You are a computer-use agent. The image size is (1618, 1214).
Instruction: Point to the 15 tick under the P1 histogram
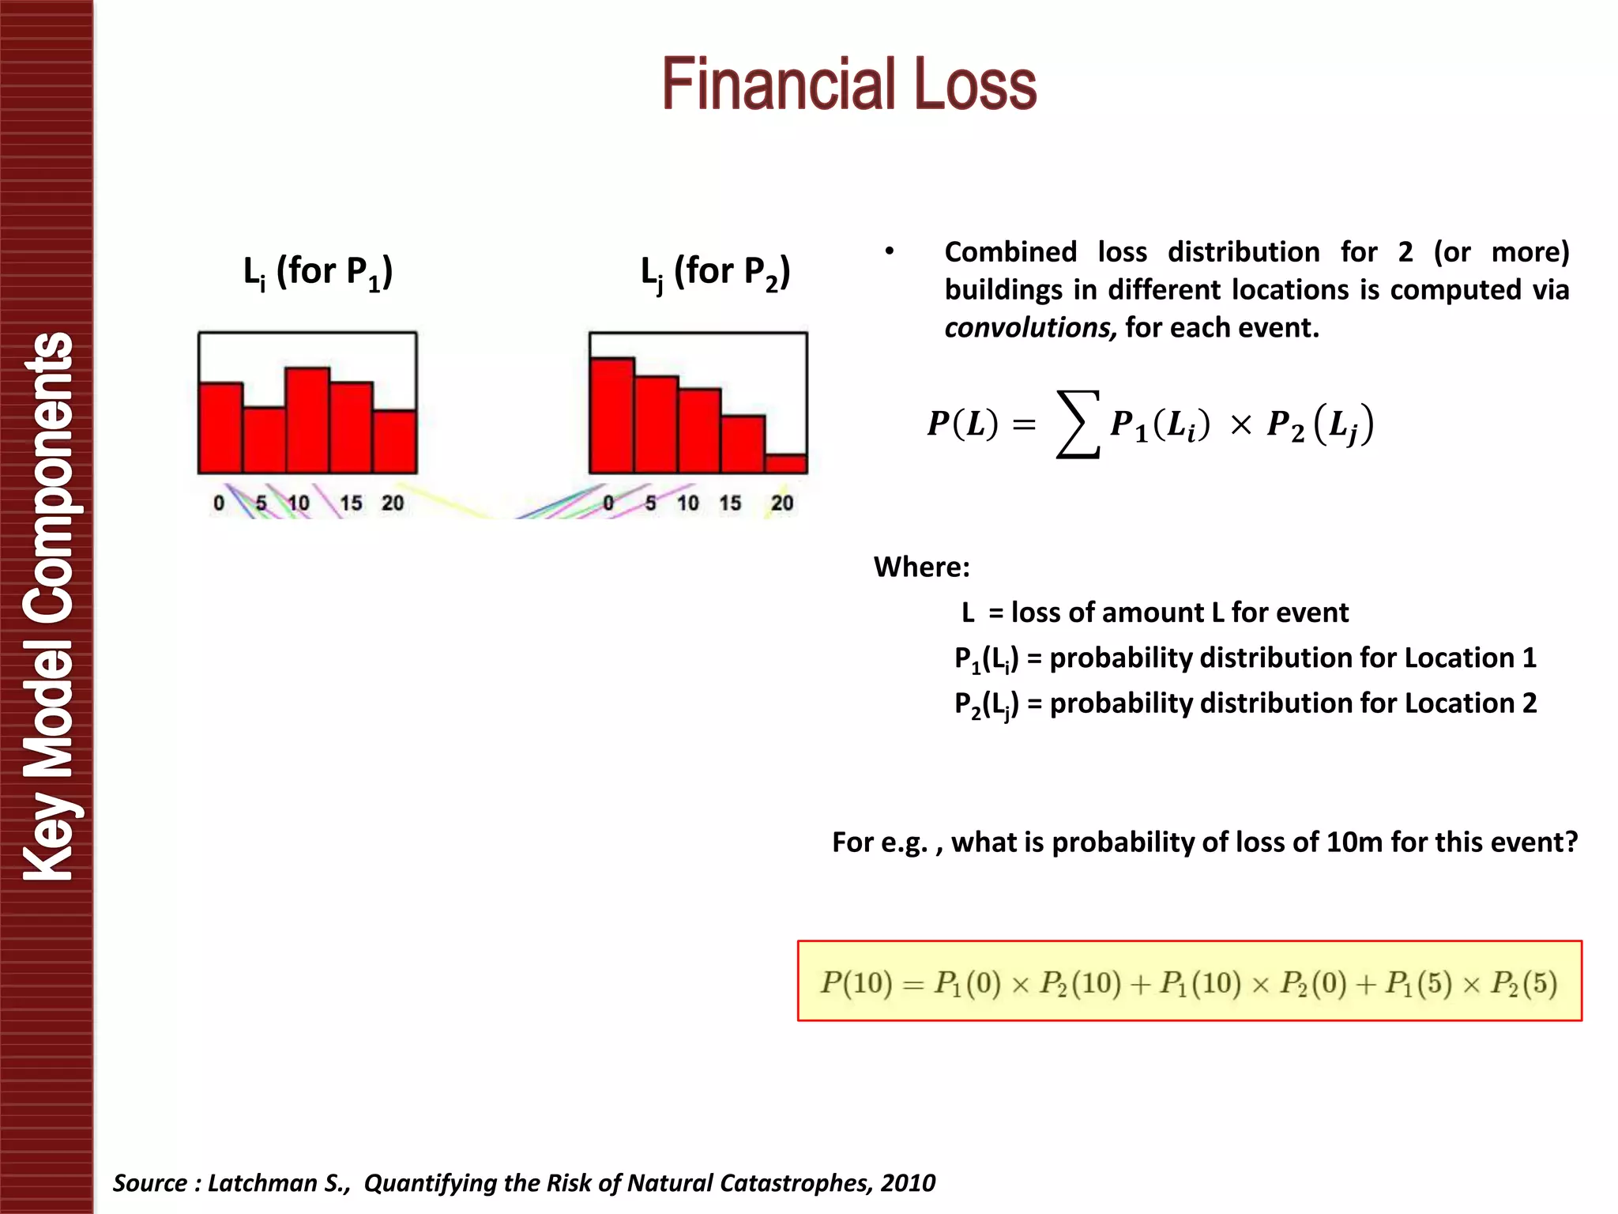(351, 503)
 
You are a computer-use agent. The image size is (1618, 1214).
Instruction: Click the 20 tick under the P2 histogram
(782, 503)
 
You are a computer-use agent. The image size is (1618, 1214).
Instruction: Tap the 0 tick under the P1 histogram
(219, 503)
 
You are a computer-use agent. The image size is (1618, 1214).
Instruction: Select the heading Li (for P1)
(318, 273)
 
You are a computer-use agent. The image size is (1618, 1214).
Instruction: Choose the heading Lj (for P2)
(715, 273)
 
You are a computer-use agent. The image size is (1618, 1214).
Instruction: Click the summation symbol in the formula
(1078, 424)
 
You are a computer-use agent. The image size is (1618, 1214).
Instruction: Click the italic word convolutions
(1029, 327)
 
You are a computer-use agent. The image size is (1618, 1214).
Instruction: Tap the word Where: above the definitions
(921, 567)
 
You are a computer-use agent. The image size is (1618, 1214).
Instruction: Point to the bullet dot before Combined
(890, 251)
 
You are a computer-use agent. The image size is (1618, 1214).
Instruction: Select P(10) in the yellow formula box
(856, 982)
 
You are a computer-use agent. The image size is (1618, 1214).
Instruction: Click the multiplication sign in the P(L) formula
(1240, 426)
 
